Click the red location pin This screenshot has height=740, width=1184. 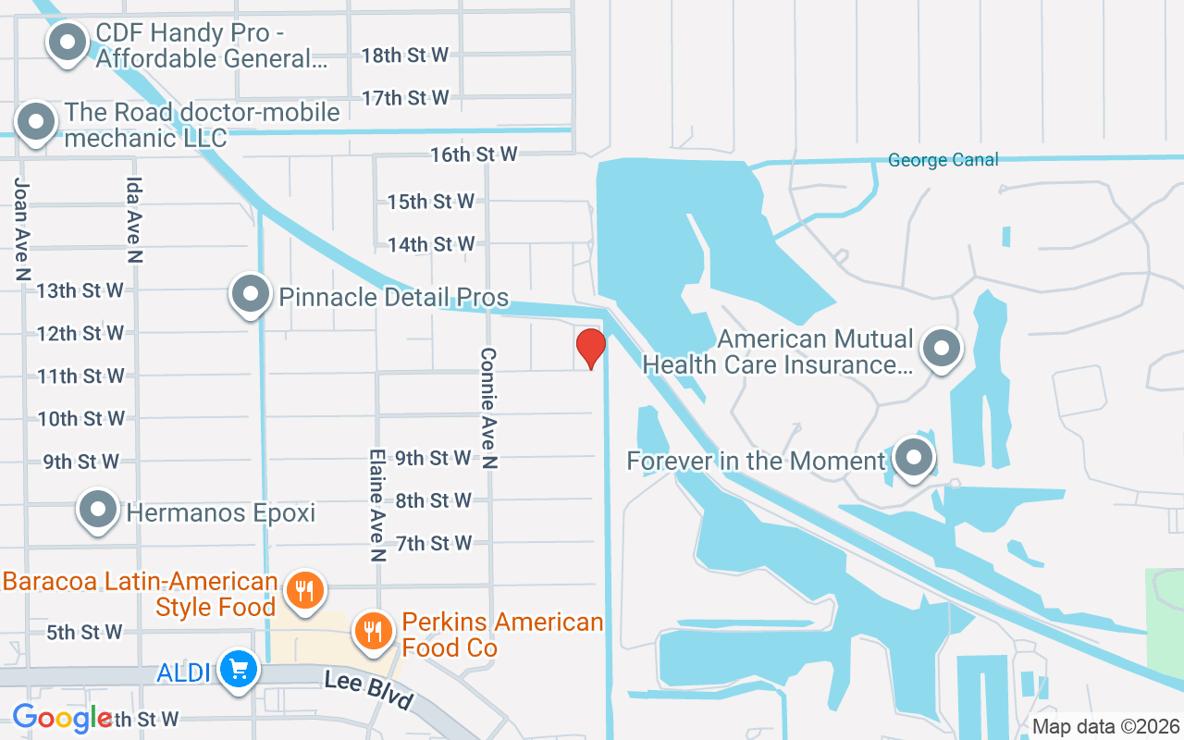pyautogui.click(x=590, y=348)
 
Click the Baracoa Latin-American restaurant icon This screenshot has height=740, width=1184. pyautogui.click(x=303, y=589)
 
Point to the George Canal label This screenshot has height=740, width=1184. pyautogui.click(x=943, y=160)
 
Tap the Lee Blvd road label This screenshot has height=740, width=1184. pyautogui.click(x=368, y=690)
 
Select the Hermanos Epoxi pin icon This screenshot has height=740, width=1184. pyautogui.click(x=98, y=509)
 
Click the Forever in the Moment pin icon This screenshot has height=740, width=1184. pyautogui.click(x=915, y=456)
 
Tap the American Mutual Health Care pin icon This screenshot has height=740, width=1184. pyautogui.click(x=942, y=349)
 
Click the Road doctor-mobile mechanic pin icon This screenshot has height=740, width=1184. pyautogui.click(x=37, y=122)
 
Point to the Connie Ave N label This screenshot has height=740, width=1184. pyautogui.click(x=489, y=408)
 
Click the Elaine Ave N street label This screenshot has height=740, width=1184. pyautogui.click(x=376, y=506)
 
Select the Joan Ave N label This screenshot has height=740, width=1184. pyautogui.click(x=22, y=228)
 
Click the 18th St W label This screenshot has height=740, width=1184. pyautogui.click(x=404, y=55)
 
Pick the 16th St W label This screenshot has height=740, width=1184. pyautogui.click(x=473, y=154)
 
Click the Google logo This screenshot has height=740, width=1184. pyautogui.click(x=63, y=718)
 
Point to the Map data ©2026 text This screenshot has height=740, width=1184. pyautogui.click(x=1106, y=726)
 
